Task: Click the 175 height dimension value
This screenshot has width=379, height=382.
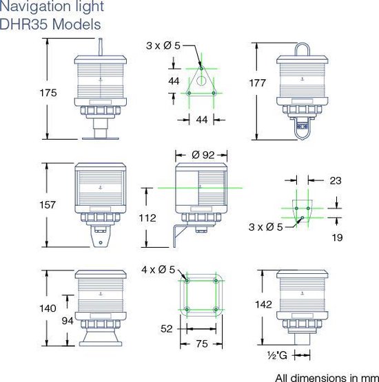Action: pyautogui.click(x=30, y=92)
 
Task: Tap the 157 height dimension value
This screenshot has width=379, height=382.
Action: pyautogui.click(x=30, y=205)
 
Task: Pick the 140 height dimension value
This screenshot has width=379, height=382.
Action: pyautogui.click(x=30, y=308)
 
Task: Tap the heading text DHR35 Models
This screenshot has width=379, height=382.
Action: pyautogui.click(x=51, y=24)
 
